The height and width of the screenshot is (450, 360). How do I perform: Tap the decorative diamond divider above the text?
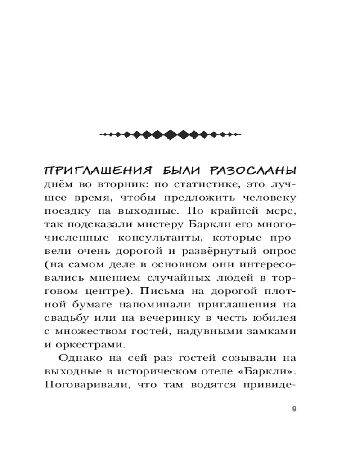click(171, 134)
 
